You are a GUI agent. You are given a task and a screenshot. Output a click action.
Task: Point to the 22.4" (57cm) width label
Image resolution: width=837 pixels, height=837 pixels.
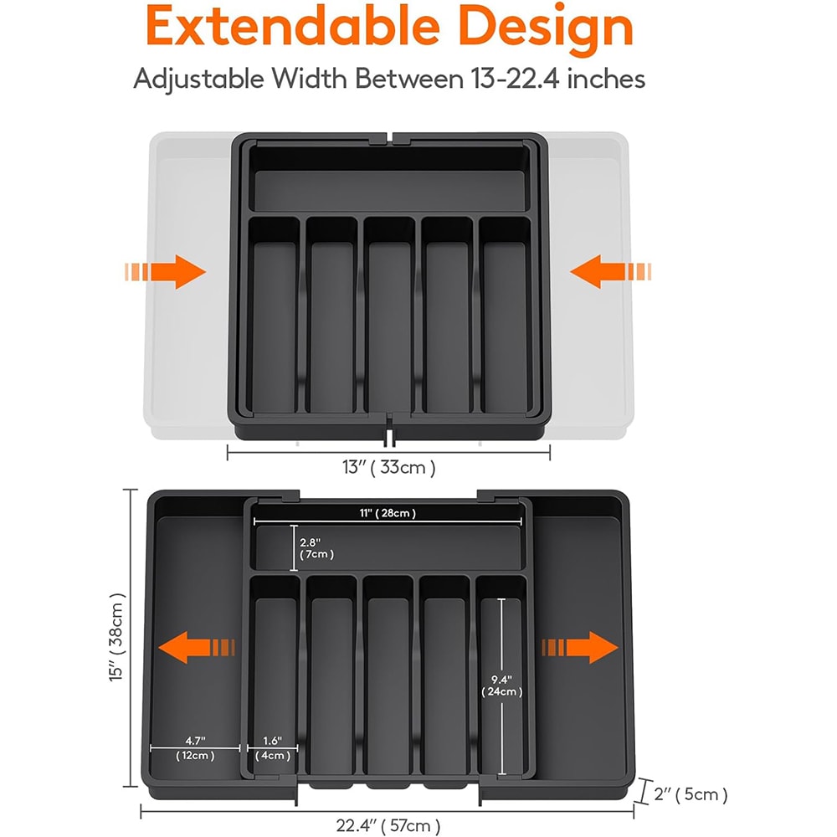click(388, 826)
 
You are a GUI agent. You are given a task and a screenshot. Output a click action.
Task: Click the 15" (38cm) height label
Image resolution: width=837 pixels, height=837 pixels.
click(118, 639)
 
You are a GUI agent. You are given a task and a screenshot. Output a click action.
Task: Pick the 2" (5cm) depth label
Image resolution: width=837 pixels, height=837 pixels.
click(692, 793)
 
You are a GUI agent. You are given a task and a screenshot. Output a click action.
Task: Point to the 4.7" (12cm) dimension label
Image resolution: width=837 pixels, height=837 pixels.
click(195, 747)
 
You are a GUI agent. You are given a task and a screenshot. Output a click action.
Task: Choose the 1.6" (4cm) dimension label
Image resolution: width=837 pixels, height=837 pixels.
click(274, 747)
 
